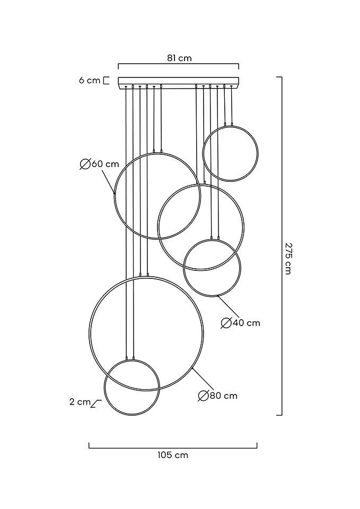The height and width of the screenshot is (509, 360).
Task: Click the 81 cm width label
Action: point(179,58)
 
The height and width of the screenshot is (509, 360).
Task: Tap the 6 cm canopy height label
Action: point(89,81)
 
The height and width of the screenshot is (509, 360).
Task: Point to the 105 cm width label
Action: point(173,455)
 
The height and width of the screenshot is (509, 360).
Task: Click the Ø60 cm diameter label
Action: point(100,164)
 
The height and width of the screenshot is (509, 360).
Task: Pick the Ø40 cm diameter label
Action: point(241,322)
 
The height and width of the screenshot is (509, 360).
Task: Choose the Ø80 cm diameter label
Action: point(218,396)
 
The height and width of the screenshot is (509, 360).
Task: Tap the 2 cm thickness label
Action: point(80,402)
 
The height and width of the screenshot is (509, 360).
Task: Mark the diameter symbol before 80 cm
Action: point(203,396)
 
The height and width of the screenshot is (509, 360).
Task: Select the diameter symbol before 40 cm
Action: point(225,322)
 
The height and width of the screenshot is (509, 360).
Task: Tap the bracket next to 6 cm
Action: point(106,81)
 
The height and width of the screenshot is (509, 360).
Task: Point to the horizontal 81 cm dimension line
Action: point(179,65)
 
